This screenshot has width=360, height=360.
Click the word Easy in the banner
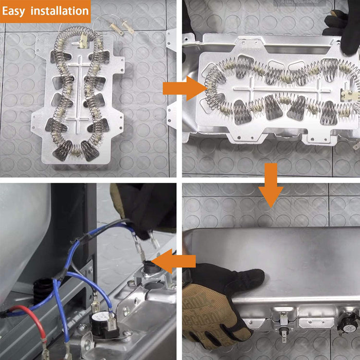[13, 11]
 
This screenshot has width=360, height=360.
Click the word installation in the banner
[60, 11]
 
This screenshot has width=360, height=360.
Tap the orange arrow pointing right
[184, 88]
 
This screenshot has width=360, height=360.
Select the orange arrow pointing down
[271, 185]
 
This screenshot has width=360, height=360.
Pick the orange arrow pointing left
[174, 261]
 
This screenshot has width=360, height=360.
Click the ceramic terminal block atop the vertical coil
[83, 41]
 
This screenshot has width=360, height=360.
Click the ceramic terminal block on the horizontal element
[349, 95]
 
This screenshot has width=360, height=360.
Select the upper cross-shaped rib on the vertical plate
[79, 65]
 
